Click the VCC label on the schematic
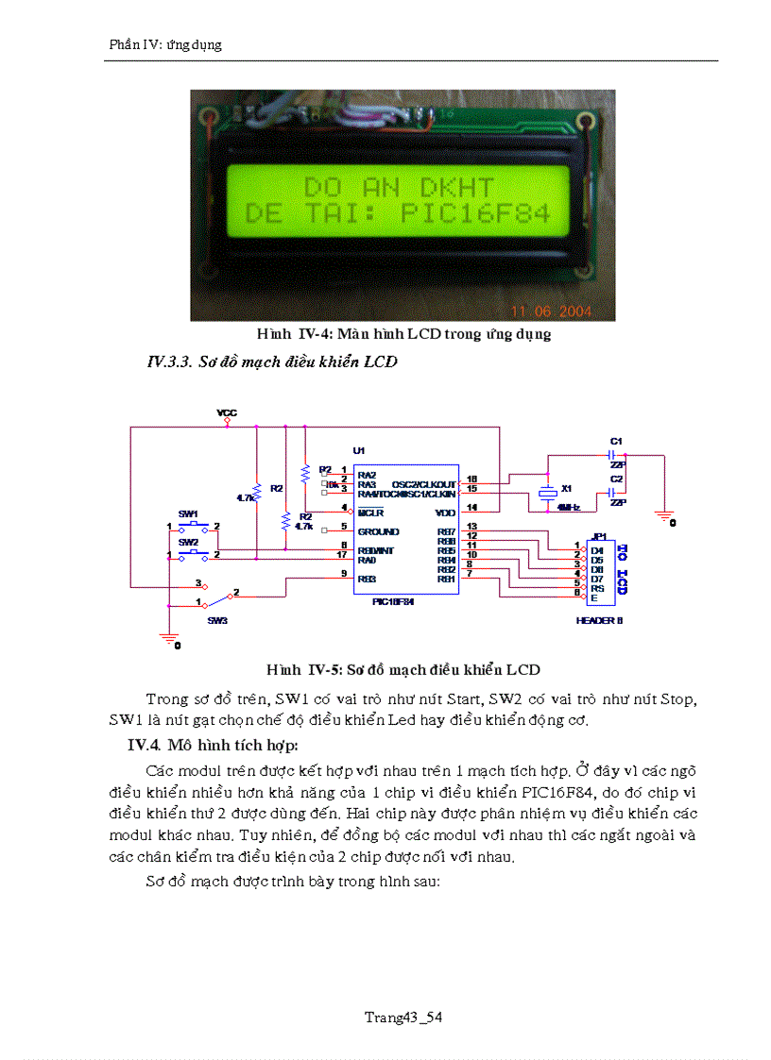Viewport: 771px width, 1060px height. point(227,412)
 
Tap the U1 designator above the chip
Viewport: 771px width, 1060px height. point(358,450)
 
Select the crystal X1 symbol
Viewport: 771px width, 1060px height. point(545,492)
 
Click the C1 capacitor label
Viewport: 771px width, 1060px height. point(616,441)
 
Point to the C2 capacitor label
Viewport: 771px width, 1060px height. point(616,479)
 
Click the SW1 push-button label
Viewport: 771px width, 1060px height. point(188,513)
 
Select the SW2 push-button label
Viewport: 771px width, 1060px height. point(188,543)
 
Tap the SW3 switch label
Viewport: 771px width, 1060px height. point(217,620)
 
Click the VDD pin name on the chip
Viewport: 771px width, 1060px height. point(445,513)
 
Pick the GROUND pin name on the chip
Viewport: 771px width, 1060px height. point(378,531)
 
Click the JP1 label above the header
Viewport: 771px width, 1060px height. point(597,535)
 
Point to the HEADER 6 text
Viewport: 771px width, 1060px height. point(599,620)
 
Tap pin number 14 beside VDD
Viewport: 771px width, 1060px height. point(472,508)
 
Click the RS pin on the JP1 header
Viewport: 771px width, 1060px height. point(597,588)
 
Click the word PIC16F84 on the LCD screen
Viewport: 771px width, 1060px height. point(475,213)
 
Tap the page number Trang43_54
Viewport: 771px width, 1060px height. point(403,1017)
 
